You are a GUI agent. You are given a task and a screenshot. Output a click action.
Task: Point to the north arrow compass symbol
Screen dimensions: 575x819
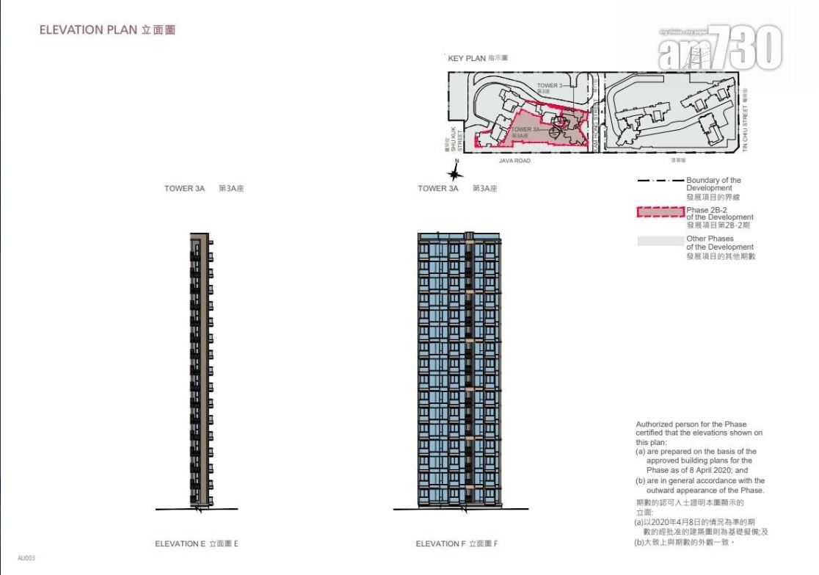[456, 173]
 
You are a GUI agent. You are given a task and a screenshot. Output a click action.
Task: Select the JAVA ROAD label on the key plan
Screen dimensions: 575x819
[514, 160]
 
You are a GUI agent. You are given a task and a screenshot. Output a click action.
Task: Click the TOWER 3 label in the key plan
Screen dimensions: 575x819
[549, 86]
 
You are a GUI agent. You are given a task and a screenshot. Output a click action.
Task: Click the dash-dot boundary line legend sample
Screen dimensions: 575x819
[660, 181]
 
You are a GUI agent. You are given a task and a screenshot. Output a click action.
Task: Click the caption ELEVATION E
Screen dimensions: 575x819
[197, 544]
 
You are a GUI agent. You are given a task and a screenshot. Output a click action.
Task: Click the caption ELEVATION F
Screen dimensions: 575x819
[456, 544]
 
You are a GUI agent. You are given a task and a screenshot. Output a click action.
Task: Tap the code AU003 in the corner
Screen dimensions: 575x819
[26, 558]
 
